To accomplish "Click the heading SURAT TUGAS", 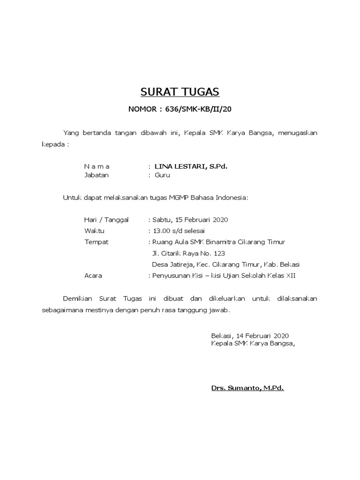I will point(180,91).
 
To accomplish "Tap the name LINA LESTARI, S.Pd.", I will point(191,166).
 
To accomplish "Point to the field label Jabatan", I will point(96,175).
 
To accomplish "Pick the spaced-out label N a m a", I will point(97,166).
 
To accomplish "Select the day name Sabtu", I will point(162,220).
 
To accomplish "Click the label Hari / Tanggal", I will point(106,220).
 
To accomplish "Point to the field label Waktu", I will point(94,231).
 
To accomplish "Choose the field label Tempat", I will point(96,242).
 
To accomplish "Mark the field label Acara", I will point(93,276).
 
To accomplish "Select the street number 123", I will point(219,254).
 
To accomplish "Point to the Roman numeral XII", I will point(291,276).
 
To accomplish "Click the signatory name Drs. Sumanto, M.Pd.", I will point(247,388).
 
